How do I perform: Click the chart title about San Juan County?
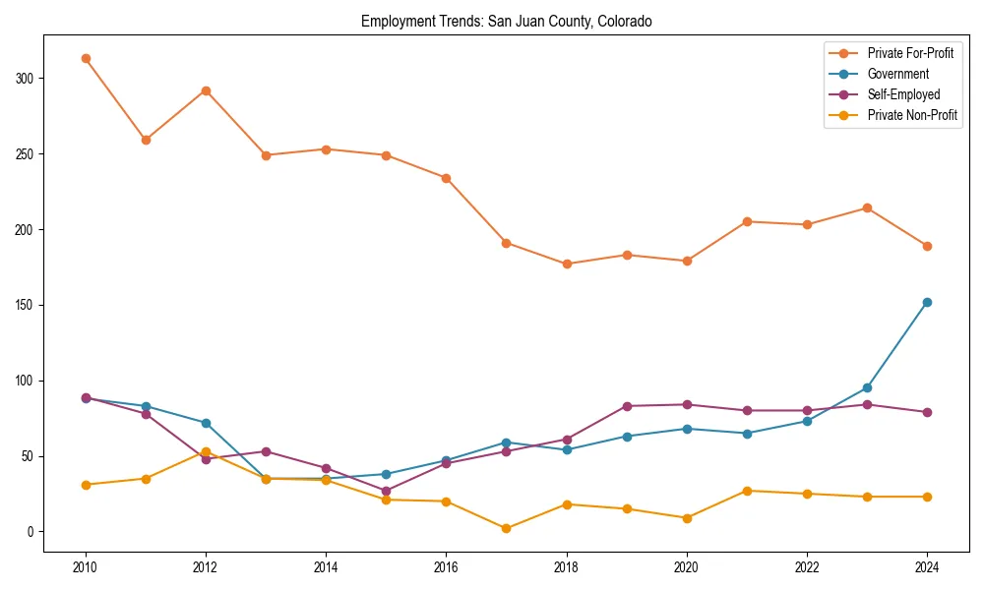(506, 21)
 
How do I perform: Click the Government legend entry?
(897, 74)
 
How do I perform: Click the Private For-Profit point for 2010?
(86, 58)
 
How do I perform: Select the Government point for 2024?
(927, 302)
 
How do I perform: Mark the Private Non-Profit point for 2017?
(506, 528)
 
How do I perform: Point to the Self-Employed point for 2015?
(386, 491)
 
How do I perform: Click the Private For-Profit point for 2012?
(206, 90)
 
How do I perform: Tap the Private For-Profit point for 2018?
(566, 264)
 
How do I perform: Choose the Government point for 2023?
(867, 387)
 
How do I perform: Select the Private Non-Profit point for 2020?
(687, 517)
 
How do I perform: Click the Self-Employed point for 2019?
(627, 406)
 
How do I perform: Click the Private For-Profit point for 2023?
(867, 207)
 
